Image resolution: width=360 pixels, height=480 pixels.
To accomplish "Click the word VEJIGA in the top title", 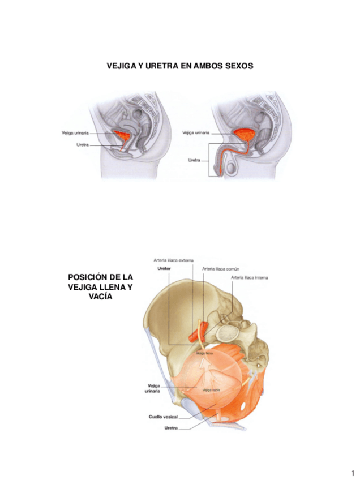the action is tap(121, 66).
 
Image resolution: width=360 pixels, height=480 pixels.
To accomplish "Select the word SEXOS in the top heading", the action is tap(238, 66).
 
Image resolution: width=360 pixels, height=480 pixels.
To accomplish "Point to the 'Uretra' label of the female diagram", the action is tap(83, 145).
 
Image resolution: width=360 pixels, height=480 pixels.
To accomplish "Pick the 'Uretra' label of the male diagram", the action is tap(194, 160).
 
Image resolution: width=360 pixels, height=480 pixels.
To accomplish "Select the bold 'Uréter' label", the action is tap(164, 269).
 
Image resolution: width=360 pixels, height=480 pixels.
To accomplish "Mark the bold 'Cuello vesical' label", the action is tap(162, 417).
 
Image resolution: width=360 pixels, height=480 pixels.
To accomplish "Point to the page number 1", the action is tap(352, 473).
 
